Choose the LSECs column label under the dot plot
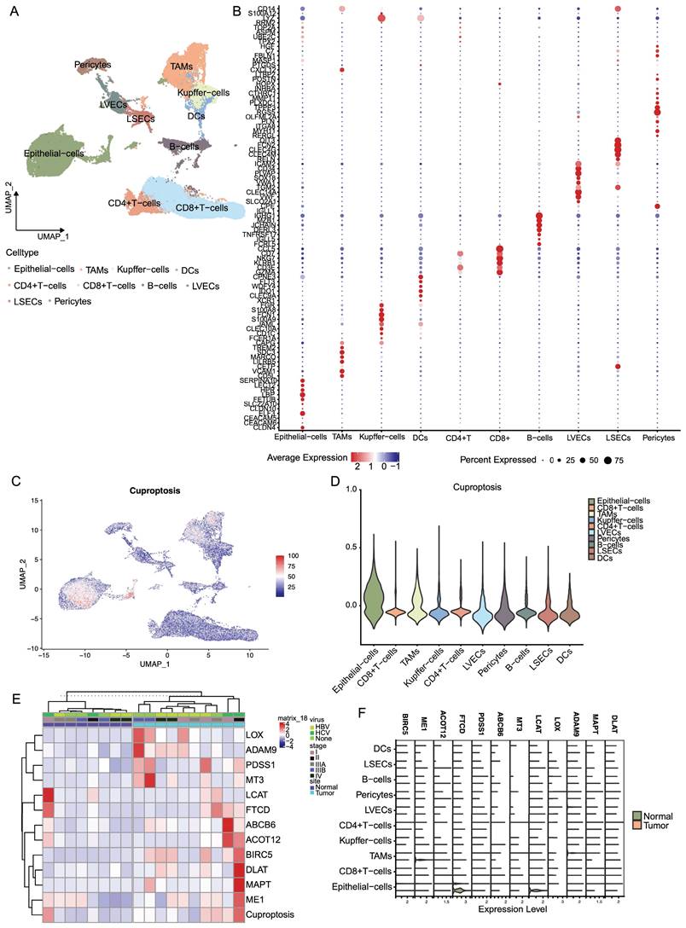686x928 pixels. click(x=615, y=438)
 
